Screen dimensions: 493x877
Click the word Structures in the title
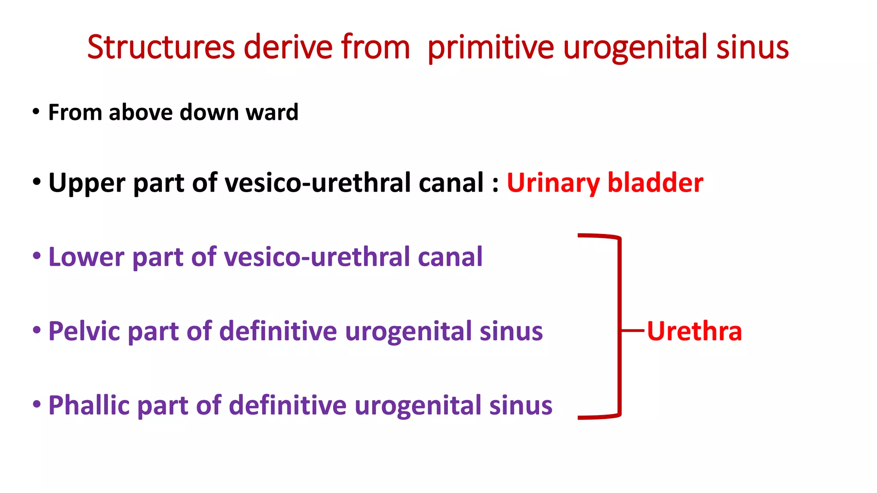(x=161, y=47)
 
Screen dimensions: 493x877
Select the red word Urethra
(x=694, y=331)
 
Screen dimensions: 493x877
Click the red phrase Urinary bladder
(x=605, y=183)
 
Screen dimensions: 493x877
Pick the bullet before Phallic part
(x=37, y=404)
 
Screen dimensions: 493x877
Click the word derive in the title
(x=288, y=47)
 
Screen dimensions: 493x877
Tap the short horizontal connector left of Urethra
(x=632, y=331)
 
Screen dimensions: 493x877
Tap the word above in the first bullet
(x=141, y=113)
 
